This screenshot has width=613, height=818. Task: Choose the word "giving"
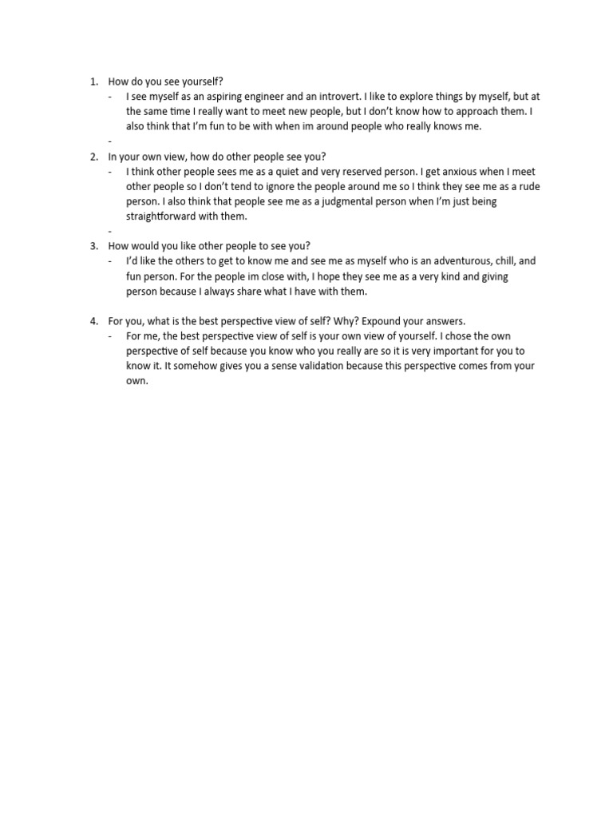491,276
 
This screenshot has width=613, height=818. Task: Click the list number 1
93,81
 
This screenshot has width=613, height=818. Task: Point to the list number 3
93,246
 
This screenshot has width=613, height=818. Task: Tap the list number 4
93,321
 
